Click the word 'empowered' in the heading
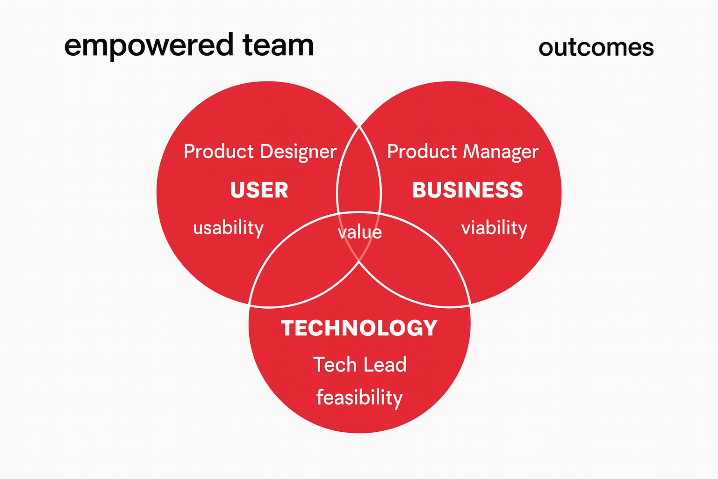point(149,46)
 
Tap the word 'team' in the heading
point(278,45)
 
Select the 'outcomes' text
point(596,48)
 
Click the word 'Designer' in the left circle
point(298,152)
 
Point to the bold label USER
point(259,190)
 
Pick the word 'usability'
point(228,228)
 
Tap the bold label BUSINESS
point(467,190)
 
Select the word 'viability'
point(494,228)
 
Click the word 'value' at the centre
point(359,232)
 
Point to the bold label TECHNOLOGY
point(359,328)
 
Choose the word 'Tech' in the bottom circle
point(335,364)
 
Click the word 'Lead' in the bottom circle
point(385,364)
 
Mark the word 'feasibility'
point(359,398)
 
